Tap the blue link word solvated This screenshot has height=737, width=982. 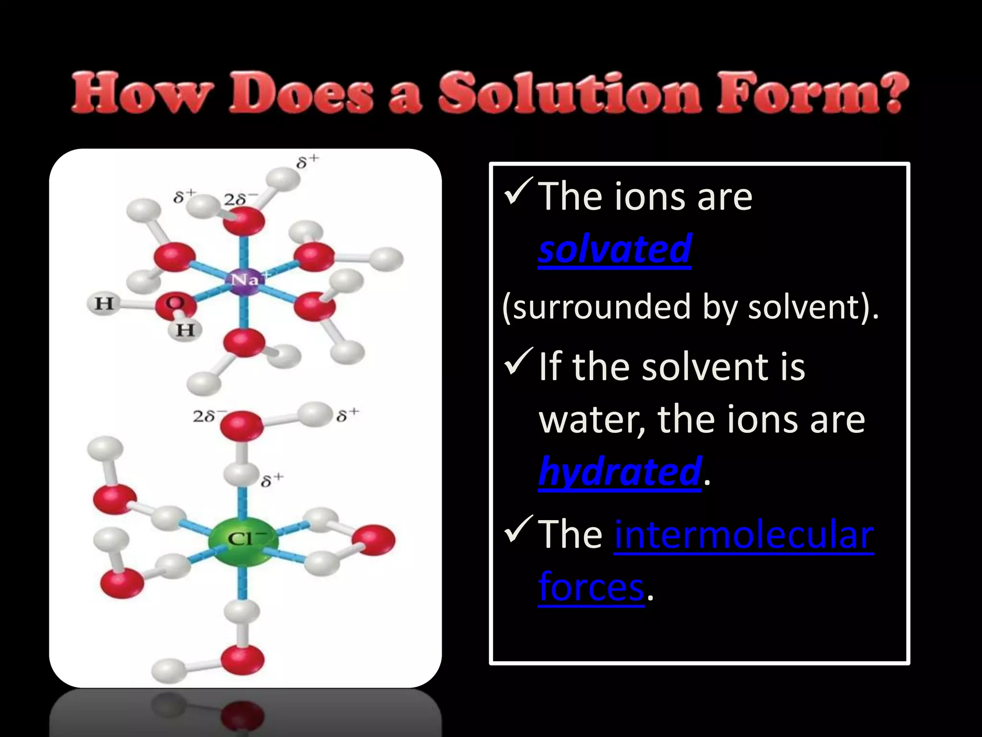614,249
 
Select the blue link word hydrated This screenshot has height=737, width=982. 620,472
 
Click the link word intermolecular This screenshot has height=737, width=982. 744,535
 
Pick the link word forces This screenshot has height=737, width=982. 591,587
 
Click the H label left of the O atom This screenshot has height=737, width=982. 104,304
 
